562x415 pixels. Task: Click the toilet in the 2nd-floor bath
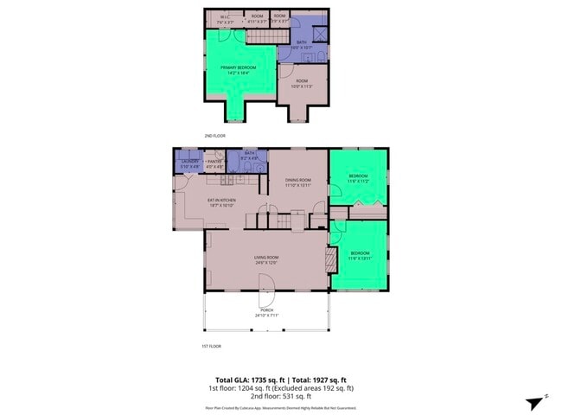pos(319,57)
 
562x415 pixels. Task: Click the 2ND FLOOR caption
pos(214,136)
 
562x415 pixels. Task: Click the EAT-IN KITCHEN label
pos(221,202)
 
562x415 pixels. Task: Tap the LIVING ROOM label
pos(265,259)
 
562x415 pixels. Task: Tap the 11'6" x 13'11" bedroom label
pos(359,257)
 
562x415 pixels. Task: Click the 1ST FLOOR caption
pos(212,345)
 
